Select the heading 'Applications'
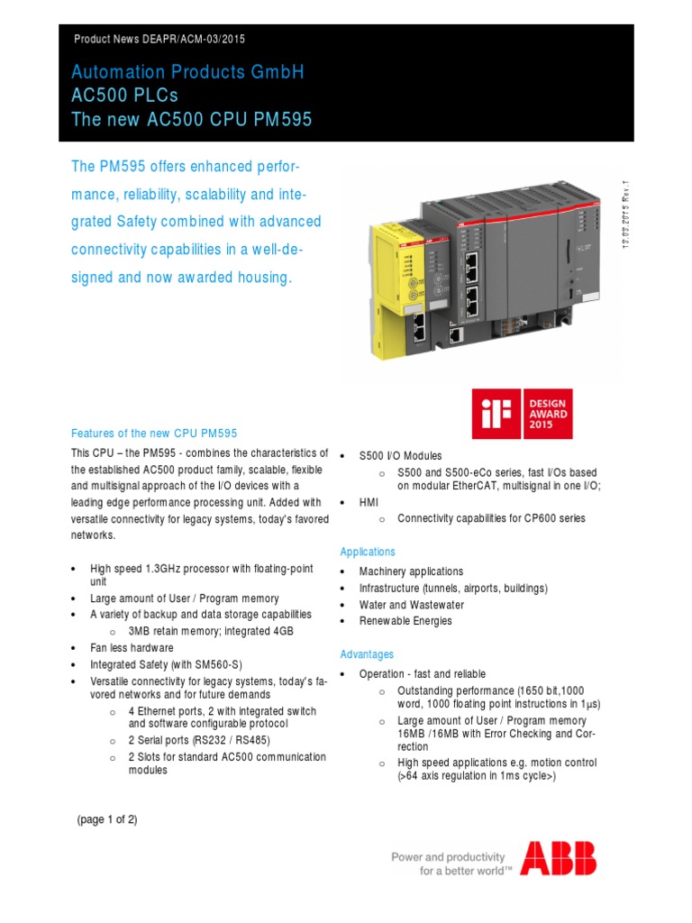click(x=368, y=552)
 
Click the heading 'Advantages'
click(x=367, y=653)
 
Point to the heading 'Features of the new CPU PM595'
click(x=153, y=433)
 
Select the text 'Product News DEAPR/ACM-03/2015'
click(x=159, y=40)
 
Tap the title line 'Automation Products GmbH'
click(x=187, y=72)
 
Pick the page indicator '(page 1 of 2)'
click(x=107, y=819)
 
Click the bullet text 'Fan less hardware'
click(x=132, y=648)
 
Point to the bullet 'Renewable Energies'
click(x=405, y=621)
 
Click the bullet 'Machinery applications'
click(x=411, y=571)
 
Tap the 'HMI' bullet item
click(x=369, y=502)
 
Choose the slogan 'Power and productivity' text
click(x=448, y=857)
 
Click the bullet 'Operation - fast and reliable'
click(x=422, y=674)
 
